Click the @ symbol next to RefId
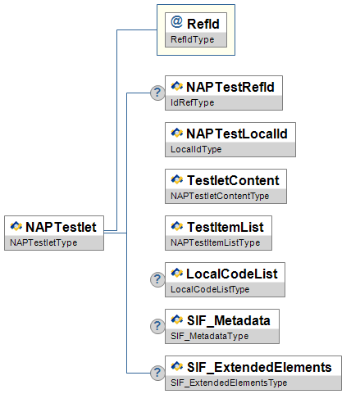coord(176,22)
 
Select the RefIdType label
coord(192,39)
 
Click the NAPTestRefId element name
coord(230,87)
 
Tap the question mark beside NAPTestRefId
coord(157,93)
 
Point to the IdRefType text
coord(192,102)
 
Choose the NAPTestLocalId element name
coord(237,134)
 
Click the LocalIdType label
coord(196,149)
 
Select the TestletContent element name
coord(233,180)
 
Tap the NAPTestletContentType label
coord(220,196)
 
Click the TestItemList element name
coord(226,227)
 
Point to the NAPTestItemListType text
coord(215,242)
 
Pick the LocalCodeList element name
coord(232,274)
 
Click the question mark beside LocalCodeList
coord(157,279)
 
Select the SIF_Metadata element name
coord(229,320)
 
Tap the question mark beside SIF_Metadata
coord(157,326)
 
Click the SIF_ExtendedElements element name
coord(259,367)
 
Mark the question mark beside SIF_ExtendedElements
coord(157,373)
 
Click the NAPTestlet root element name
coord(61,227)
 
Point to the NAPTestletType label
coord(43,242)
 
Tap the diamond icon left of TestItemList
coord(177,226)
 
